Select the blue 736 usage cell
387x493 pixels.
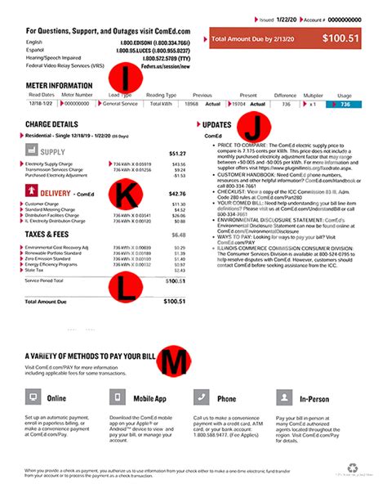tap(344, 104)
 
